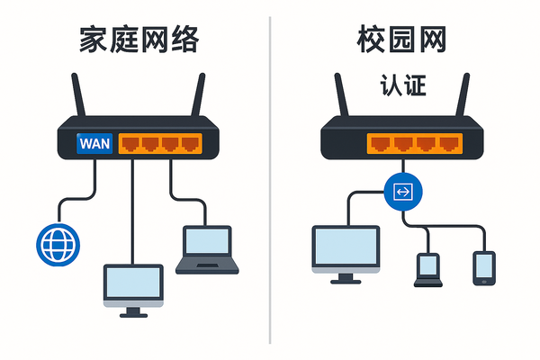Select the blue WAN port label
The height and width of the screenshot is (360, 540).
tap(95, 144)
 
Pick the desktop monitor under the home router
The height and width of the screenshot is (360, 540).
tap(134, 284)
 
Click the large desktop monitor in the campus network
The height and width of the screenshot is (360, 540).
tap(345, 249)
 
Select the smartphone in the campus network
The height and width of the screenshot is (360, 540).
tap(484, 267)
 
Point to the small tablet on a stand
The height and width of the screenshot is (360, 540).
tap(427, 268)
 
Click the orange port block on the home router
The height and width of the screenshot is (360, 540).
tap(160, 144)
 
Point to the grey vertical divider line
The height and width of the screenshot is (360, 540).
tap(270, 180)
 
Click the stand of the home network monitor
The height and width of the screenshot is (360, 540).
tap(134, 311)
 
